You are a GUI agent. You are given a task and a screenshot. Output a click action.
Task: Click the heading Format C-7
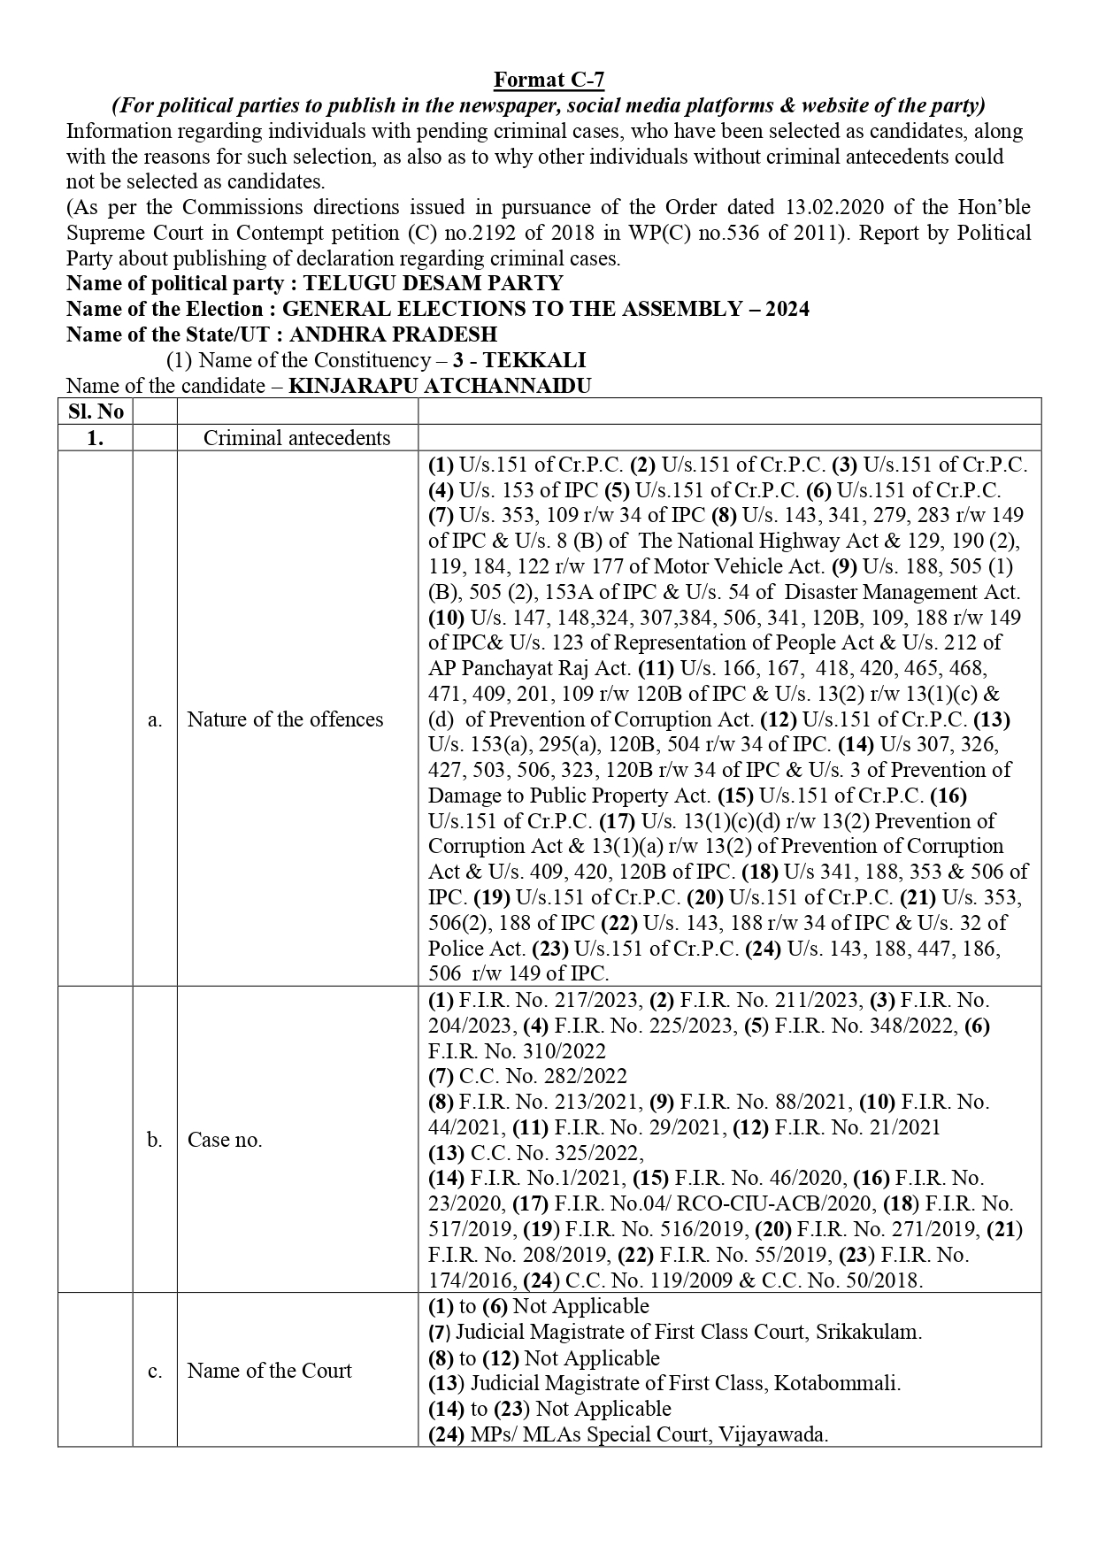549,81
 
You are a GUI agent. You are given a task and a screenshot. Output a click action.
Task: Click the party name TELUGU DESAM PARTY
433,284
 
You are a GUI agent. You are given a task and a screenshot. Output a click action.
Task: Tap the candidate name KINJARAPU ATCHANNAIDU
440,387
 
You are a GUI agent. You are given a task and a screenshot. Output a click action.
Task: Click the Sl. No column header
96,412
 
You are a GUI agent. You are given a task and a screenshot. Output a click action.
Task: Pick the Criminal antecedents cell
296,438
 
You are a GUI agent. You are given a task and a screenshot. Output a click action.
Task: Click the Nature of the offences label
285,719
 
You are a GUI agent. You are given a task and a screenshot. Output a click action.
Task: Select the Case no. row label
225,1140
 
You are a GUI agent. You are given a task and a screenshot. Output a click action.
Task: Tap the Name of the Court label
269,1371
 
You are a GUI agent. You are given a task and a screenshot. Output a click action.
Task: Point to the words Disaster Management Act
902,592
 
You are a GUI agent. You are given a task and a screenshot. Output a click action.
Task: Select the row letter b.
155,1140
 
